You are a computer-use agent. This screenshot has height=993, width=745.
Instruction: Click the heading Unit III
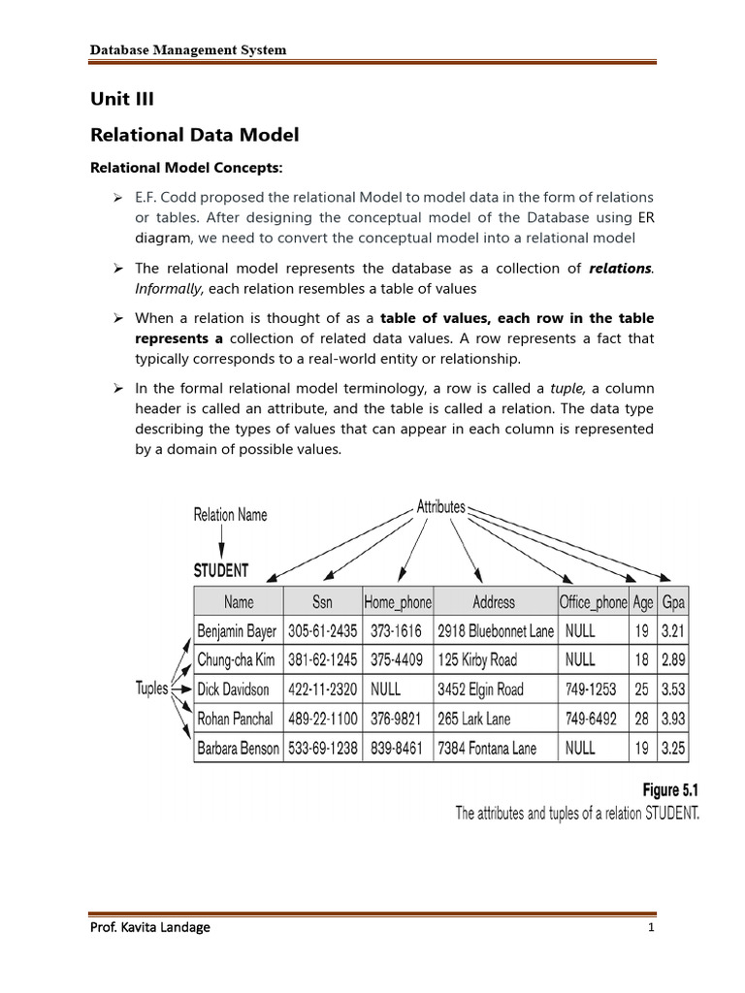point(122,99)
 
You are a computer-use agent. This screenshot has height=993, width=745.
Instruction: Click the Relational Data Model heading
point(195,134)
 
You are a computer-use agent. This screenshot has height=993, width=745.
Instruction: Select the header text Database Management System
point(188,49)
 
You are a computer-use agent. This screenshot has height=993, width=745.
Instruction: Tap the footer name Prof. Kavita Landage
point(150,926)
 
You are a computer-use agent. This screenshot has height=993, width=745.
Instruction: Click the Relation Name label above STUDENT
point(231,515)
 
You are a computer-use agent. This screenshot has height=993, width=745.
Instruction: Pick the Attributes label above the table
point(441,506)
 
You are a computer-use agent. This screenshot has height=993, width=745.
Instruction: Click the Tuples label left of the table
point(152,689)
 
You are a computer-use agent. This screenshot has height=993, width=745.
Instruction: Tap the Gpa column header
point(672,601)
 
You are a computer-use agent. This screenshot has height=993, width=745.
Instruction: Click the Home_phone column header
point(398,601)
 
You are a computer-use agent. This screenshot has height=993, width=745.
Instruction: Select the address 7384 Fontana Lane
point(487,748)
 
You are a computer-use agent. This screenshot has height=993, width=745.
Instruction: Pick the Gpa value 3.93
point(672,719)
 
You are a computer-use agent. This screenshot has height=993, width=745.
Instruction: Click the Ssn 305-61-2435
point(322,630)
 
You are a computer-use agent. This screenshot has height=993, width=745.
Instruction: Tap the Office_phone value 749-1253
point(591,689)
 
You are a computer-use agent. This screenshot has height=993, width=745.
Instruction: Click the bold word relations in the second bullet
point(621,268)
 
